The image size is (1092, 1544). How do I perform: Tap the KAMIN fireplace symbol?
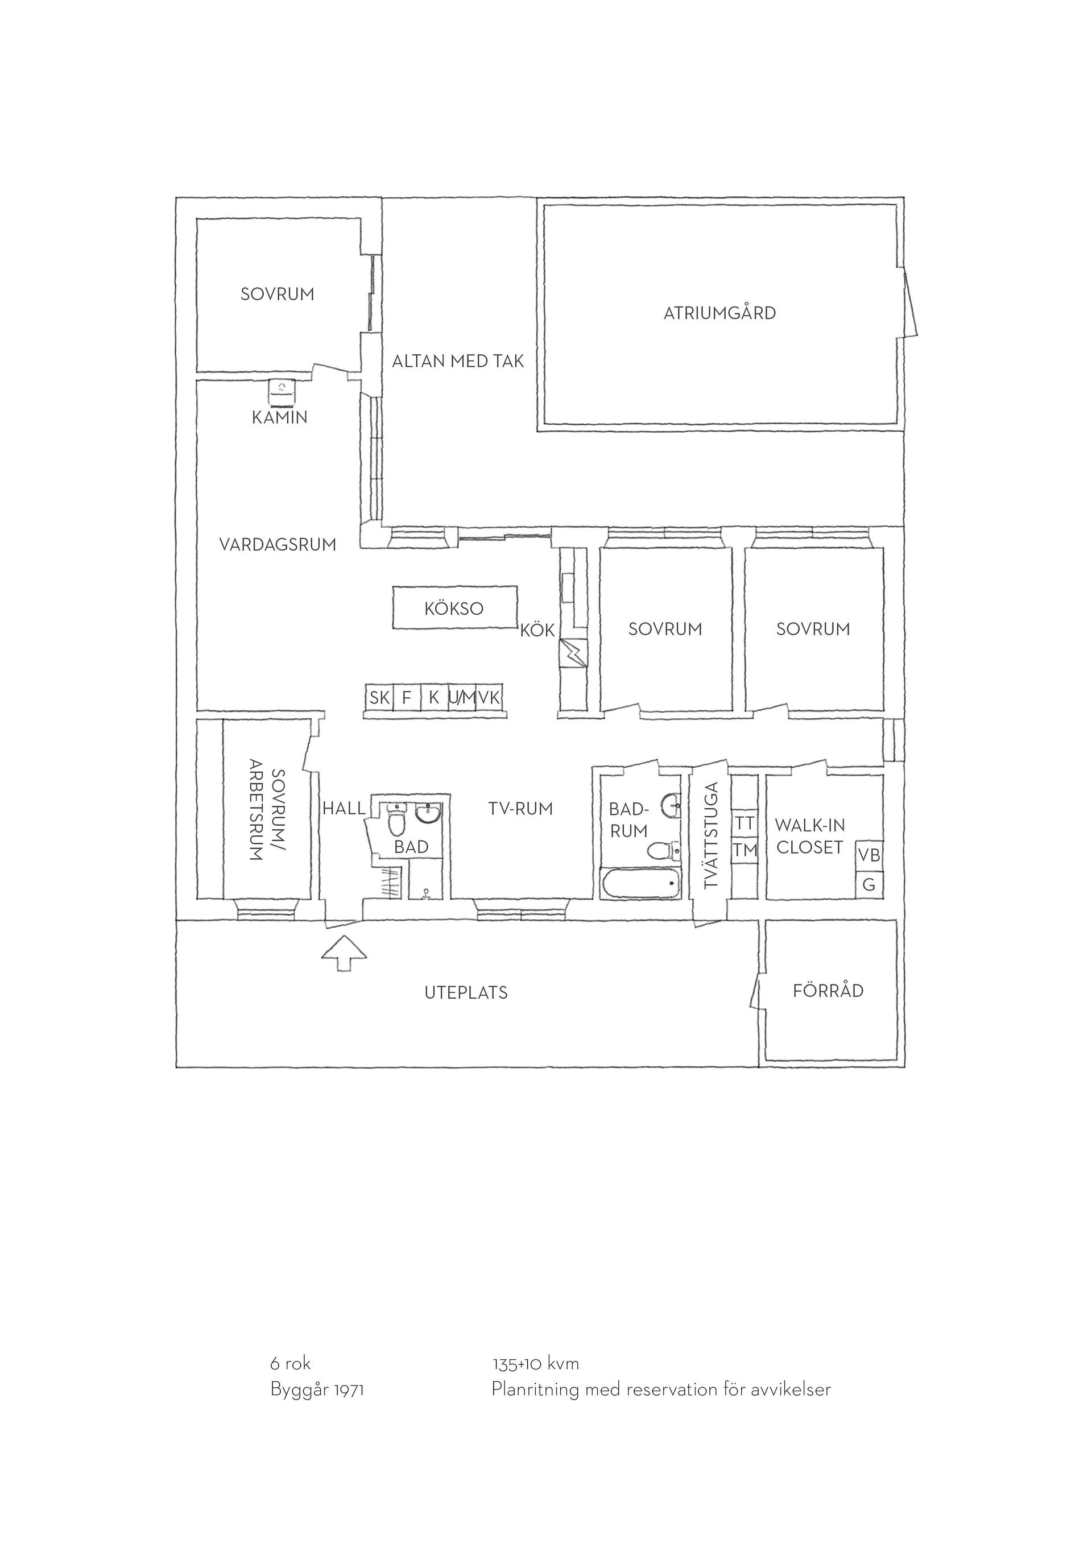pyautogui.click(x=282, y=392)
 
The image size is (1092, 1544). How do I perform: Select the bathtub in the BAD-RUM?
pyautogui.click(x=642, y=883)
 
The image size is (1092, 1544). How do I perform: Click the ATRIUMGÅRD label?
pyautogui.click(x=719, y=313)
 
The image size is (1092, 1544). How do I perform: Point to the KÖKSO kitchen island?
pyautogui.click(x=455, y=608)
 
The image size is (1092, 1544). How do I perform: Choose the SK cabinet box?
pyautogui.click(x=379, y=697)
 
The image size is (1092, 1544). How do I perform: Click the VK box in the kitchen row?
pyautogui.click(x=489, y=697)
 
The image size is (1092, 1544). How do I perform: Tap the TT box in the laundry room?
pyautogui.click(x=744, y=823)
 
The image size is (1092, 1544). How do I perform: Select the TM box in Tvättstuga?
pyautogui.click(x=744, y=851)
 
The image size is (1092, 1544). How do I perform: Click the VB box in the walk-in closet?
pyautogui.click(x=868, y=855)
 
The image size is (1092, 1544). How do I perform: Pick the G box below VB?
pyautogui.click(x=868, y=884)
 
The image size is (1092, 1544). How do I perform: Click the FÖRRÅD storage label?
pyautogui.click(x=828, y=991)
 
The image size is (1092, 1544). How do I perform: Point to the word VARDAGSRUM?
pyautogui.click(x=278, y=545)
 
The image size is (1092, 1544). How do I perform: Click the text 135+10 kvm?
pyautogui.click(x=535, y=1364)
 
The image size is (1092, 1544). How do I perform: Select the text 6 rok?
pyautogui.click(x=291, y=1364)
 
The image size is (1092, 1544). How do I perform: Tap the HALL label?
pyautogui.click(x=344, y=808)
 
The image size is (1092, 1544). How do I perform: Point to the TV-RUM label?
pyautogui.click(x=520, y=808)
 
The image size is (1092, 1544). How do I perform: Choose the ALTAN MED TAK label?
pyautogui.click(x=458, y=362)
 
